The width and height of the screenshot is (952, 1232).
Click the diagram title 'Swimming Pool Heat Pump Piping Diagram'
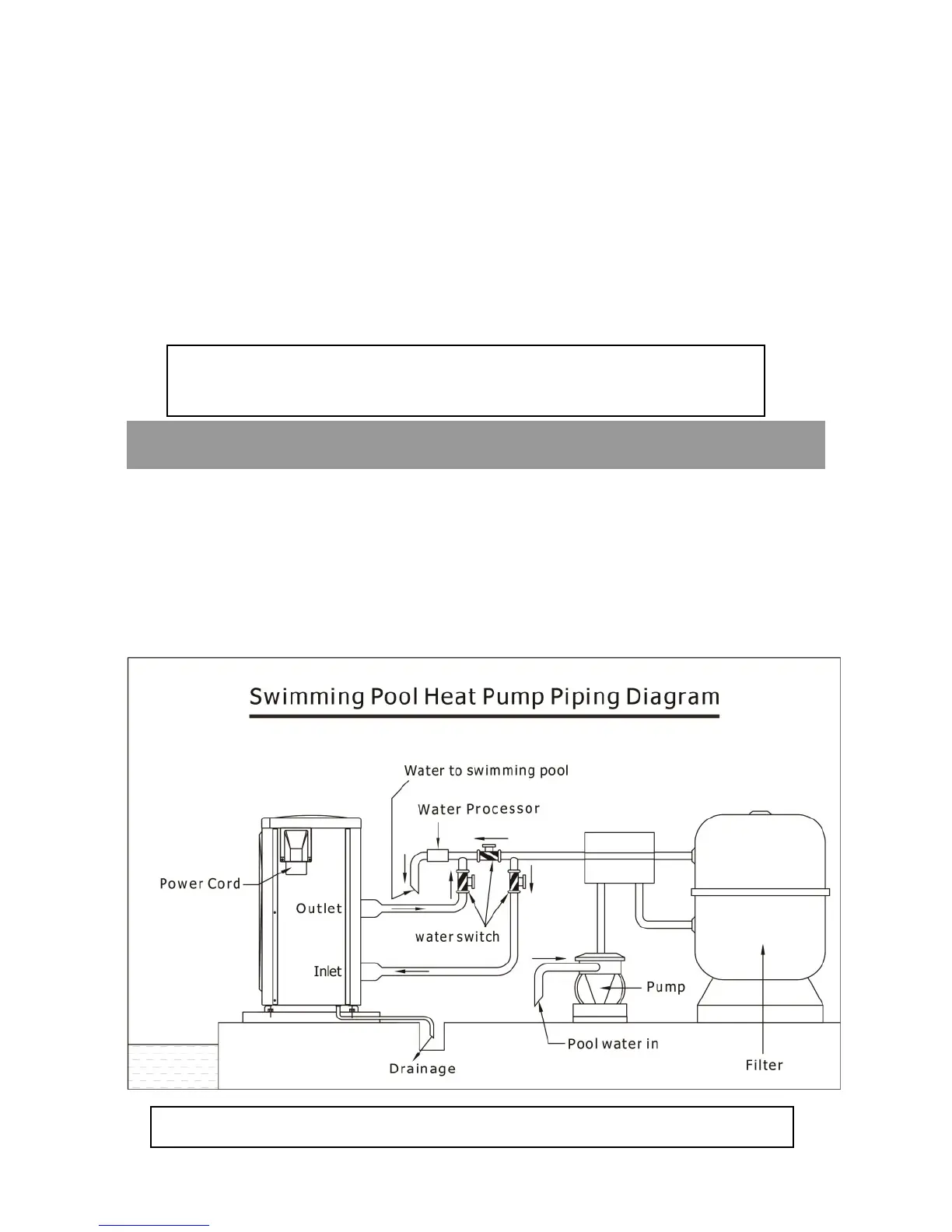click(x=484, y=696)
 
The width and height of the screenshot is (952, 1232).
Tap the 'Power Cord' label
click(x=200, y=884)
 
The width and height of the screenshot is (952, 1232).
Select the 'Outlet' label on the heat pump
click(x=319, y=908)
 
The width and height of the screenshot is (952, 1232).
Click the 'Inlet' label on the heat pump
click(x=327, y=971)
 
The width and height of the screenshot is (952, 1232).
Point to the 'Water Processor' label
click(x=478, y=809)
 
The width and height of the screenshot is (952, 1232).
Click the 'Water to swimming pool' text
click(x=486, y=771)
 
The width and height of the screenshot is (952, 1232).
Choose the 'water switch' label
click(x=457, y=936)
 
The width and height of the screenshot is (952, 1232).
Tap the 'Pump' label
click(x=666, y=987)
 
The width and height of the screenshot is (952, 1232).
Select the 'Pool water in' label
click(x=613, y=1044)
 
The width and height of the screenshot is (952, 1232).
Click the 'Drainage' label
click(x=422, y=1069)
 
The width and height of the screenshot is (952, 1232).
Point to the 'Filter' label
click(x=764, y=1066)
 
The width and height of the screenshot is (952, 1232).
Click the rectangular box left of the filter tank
click(x=618, y=857)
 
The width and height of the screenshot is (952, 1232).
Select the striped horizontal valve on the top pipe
click(x=489, y=856)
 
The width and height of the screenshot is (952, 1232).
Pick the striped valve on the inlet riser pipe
click(x=513, y=882)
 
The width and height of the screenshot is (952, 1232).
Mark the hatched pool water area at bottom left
click(x=173, y=1066)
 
